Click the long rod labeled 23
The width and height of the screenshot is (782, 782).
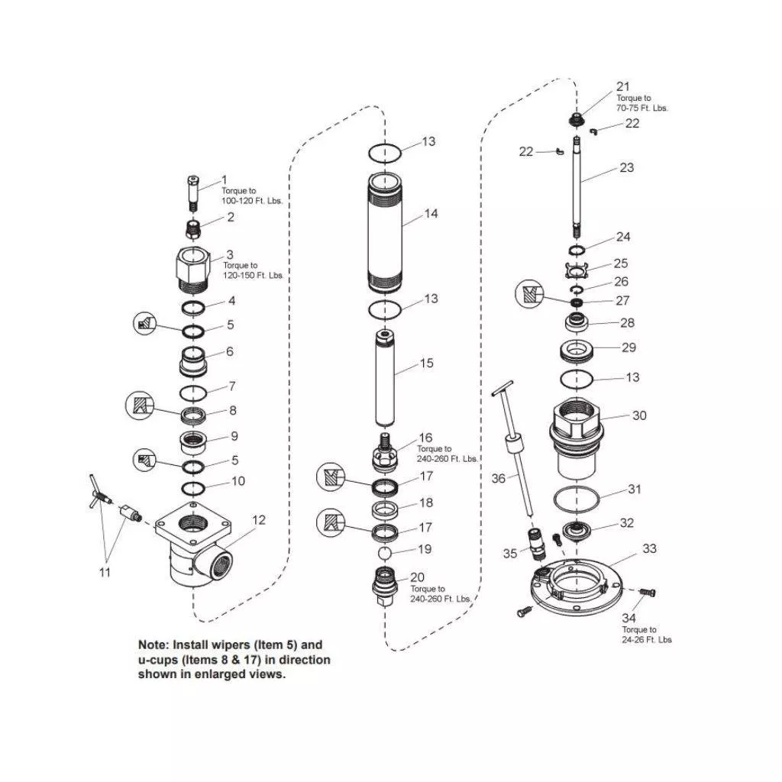577,188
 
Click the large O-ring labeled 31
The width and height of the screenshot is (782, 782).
577,499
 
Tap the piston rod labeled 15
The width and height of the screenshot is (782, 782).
385,377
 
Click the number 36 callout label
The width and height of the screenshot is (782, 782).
498,479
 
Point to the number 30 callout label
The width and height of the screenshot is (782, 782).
639,415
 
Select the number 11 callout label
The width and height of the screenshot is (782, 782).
104,572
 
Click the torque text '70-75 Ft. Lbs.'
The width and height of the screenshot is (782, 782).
641,108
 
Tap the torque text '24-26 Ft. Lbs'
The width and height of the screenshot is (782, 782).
646,639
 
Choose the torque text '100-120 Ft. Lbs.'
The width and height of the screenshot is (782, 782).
252,201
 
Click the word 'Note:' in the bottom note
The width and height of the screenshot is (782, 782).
153,645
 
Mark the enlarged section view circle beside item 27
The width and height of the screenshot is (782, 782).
528,294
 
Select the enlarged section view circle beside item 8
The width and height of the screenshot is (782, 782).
140,406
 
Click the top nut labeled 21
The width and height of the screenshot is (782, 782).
577,120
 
